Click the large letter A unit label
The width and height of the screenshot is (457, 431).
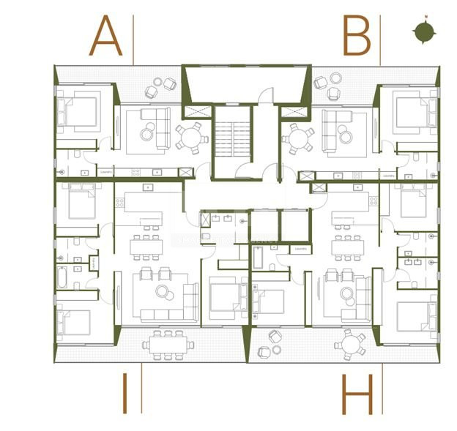105,37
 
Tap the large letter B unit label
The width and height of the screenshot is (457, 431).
357,37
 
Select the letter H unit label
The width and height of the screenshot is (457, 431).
357,394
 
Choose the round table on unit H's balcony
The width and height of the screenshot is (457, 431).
352,342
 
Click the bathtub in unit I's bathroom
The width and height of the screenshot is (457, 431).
63,277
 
